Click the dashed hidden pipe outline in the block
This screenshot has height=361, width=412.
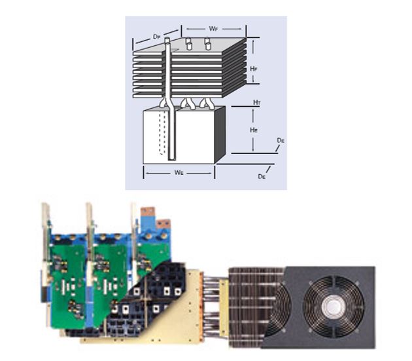click(x=161, y=135)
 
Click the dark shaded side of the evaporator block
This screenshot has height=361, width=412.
click(x=219, y=134)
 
